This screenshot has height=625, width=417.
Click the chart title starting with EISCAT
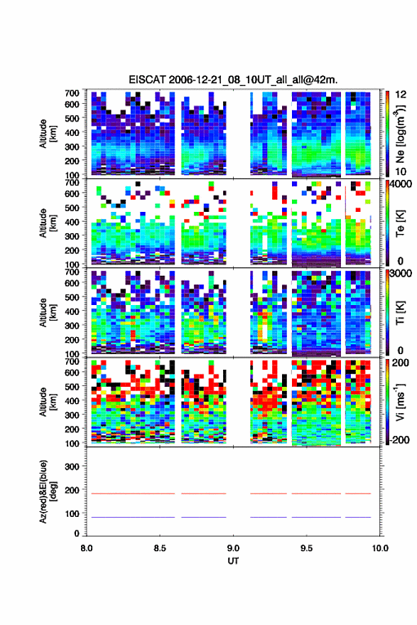(233, 80)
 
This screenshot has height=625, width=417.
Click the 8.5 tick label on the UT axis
(160, 548)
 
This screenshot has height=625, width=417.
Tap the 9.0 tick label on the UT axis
(233, 548)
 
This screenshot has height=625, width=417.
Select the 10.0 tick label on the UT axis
(380, 548)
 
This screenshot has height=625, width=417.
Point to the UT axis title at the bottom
(233, 561)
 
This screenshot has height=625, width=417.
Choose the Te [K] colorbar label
(400, 223)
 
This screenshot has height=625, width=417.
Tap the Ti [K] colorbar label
(400, 313)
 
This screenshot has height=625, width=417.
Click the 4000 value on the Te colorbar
(400, 184)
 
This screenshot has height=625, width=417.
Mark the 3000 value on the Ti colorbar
(400, 274)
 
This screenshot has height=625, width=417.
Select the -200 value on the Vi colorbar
(399, 440)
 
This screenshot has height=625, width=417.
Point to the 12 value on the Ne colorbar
(401, 95)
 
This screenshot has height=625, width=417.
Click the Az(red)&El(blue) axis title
(48, 491)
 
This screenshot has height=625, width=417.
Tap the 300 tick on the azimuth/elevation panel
(72, 466)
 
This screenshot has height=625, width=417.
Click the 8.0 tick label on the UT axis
(87, 548)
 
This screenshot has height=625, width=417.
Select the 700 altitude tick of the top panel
(72, 93)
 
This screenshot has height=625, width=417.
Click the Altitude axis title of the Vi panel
(48, 402)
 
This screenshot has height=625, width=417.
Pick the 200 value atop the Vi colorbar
(400, 363)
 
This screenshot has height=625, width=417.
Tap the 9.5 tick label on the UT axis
(306, 548)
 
